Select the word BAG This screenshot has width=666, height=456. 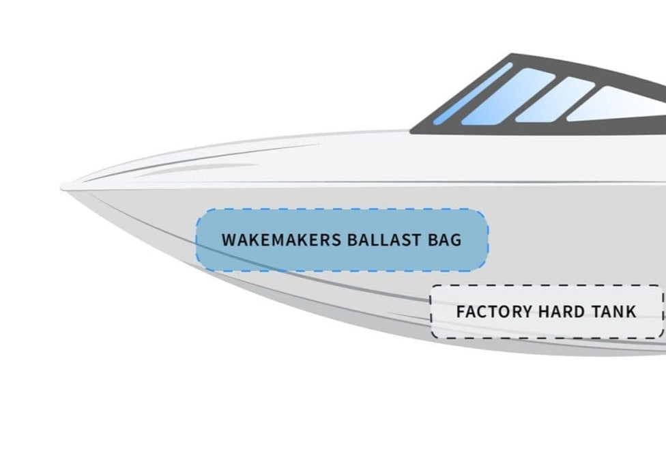tap(444, 240)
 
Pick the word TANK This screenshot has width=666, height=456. tap(616, 312)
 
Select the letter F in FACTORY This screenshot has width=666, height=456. tap(460, 312)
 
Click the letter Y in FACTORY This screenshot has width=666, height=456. tap(527, 312)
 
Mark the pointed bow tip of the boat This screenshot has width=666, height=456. tap(63, 186)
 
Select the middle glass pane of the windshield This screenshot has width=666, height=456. tap(554, 100)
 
